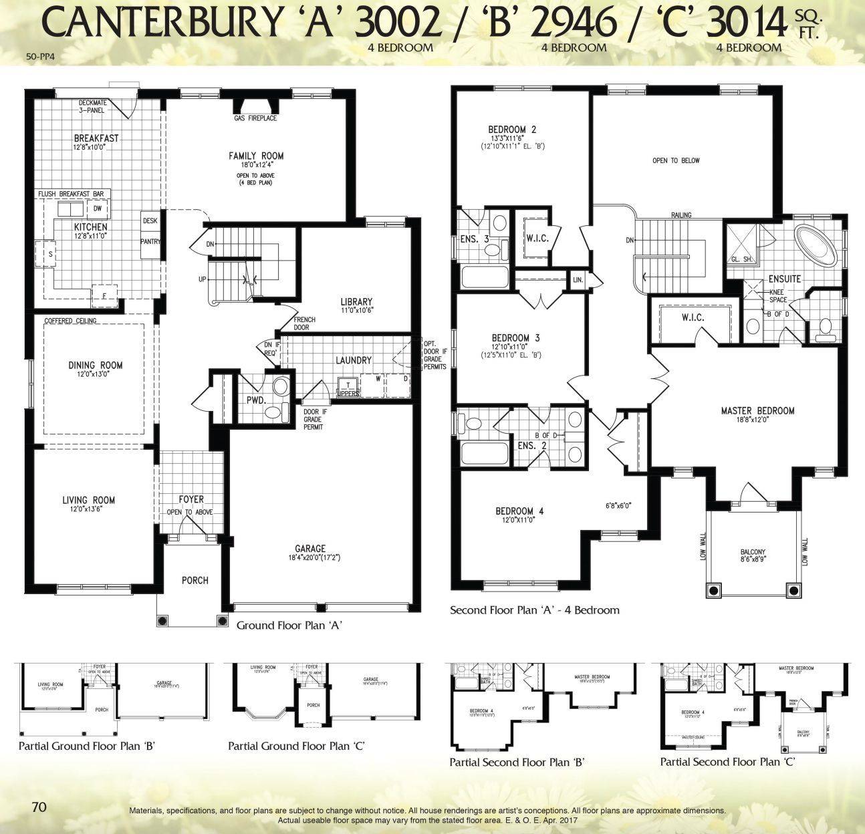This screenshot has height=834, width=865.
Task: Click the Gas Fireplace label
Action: point(255,118)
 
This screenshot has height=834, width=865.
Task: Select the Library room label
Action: point(356,302)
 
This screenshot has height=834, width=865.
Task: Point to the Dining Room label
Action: point(96,365)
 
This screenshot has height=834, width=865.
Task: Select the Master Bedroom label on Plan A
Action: point(757,411)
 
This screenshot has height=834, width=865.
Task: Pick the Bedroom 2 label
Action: point(512,130)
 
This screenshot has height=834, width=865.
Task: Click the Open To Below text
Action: point(676,160)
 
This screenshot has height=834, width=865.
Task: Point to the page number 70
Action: point(39,807)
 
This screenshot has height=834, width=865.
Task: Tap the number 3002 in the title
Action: point(398,23)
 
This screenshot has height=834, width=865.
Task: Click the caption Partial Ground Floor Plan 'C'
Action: point(296,746)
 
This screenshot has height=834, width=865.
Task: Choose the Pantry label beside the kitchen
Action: point(150,241)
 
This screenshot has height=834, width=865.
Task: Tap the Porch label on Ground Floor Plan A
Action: point(195,580)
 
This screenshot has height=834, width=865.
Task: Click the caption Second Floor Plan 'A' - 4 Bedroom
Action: point(534,609)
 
